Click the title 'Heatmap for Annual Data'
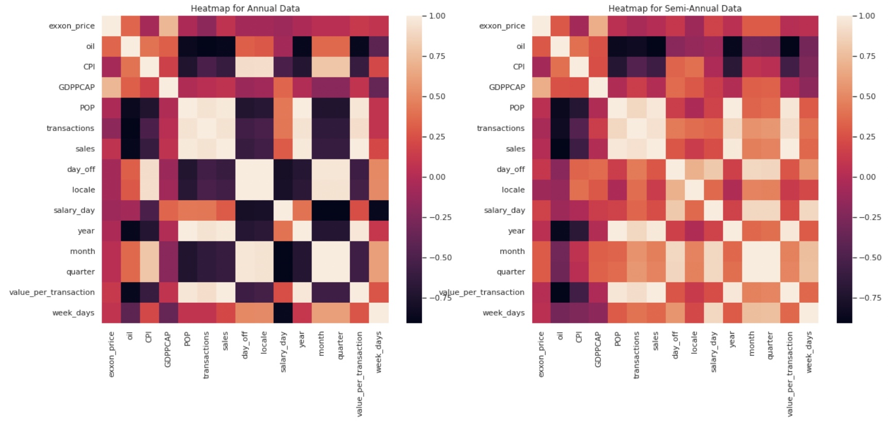(x=245, y=8)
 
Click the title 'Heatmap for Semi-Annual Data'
(x=675, y=8)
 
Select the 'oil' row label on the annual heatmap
(x=90, y=46)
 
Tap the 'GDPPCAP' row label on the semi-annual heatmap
(x=507, y=87)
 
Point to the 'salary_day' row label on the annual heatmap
(x=74, y=210)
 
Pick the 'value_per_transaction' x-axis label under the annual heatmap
(x=359, y=373)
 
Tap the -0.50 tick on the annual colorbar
(x=437, y=257)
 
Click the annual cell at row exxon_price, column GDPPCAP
(x=169, y=26)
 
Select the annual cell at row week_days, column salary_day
(x=284, y=313)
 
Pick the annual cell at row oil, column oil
(x=130, y=46)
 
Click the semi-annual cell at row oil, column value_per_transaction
(x=790, y=46)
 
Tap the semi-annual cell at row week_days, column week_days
(x=809, y=313)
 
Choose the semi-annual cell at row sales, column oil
(x=561, y=149)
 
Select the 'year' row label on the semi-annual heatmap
(x=516, y=231)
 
